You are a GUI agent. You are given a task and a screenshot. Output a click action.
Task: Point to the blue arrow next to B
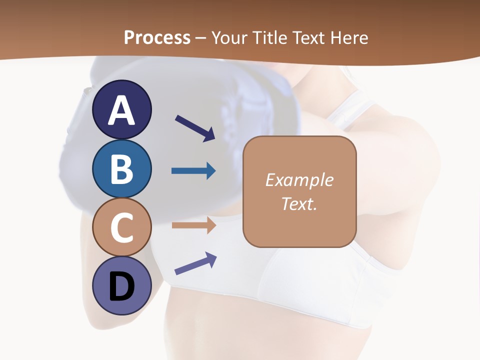coord(193,171)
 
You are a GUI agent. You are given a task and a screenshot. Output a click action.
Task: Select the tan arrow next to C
coord(193,225)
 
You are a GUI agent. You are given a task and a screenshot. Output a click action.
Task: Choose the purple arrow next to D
coord(195,263)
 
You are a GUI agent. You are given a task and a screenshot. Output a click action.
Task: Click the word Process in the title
coord(157,38)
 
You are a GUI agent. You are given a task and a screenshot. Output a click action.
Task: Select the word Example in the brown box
coord(299,180)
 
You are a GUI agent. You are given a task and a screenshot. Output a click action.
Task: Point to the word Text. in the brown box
coord(299,203)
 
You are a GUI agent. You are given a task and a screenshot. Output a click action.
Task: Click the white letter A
coord(121,110)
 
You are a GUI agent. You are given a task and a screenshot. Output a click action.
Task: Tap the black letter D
coord(121,287)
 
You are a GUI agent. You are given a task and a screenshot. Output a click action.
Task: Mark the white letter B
coord(121,169)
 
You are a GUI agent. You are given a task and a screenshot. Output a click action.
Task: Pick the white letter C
coord(121,227)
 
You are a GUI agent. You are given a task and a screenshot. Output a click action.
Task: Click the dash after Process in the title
coord(201,38)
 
